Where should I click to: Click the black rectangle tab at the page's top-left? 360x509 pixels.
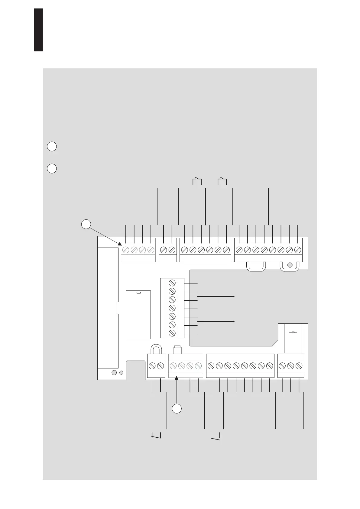tap(38, 30)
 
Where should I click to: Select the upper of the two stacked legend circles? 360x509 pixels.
tap(52, 146)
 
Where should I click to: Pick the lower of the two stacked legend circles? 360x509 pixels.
tap(52, 168)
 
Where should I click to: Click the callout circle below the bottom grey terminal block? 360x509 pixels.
tap(177, 408)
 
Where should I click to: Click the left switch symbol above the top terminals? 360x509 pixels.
tap(197, 181)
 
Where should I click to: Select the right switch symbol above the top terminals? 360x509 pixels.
tap(222, 181)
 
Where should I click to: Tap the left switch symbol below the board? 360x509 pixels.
tap(156, 435)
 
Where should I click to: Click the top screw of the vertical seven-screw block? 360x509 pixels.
tap(172, 283)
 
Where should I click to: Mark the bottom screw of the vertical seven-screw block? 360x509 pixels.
tap(172, 333)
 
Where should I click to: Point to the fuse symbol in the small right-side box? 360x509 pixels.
tap(293, 332)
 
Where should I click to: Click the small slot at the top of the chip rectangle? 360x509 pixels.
tap(139, 293)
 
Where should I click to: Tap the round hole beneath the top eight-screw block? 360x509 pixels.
tap(290, 265)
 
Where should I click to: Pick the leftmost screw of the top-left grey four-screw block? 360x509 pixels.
tap(126, 250)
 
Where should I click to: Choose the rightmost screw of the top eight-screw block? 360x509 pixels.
tap(298, 250)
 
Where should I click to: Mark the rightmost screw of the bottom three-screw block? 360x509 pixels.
tap(299, 366)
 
